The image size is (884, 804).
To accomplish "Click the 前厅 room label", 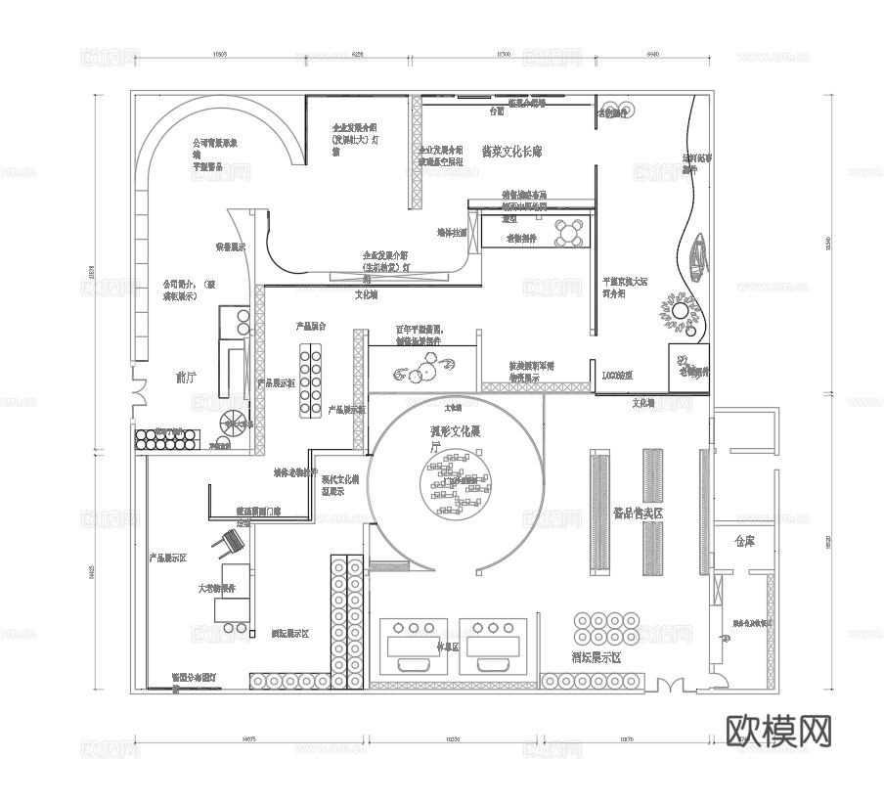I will tap(186, 377).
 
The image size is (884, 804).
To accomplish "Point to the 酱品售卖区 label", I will tap(638, 513).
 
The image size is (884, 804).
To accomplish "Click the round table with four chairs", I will tap(569, 233).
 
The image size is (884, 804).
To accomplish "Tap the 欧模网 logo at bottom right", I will tap(779, 730).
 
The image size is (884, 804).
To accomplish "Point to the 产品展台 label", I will tap(311, 326).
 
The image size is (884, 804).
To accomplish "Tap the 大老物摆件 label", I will tap(217, 589).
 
